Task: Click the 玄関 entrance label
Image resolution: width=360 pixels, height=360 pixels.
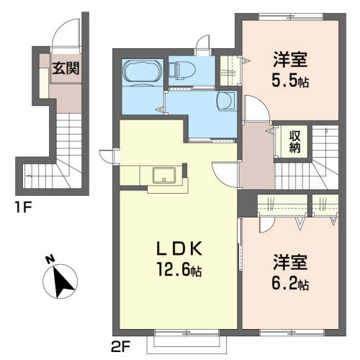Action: (x=66, y=68)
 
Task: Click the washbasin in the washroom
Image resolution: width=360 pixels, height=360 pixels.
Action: (x=225, y=101)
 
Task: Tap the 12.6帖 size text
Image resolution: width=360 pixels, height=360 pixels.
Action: (x=179, y=270)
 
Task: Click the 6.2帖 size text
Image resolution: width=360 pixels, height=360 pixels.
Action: (x=290, y=283)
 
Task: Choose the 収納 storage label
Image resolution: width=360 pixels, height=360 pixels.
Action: (x=295, y=142)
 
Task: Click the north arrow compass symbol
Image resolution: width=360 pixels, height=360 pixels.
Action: (x=60, y=282)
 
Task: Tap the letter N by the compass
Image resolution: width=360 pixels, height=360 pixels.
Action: (x=50, y=260)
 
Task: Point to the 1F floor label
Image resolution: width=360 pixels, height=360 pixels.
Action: (x=23, y=207)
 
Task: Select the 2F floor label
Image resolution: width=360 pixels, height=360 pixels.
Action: (x=120, y=346)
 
